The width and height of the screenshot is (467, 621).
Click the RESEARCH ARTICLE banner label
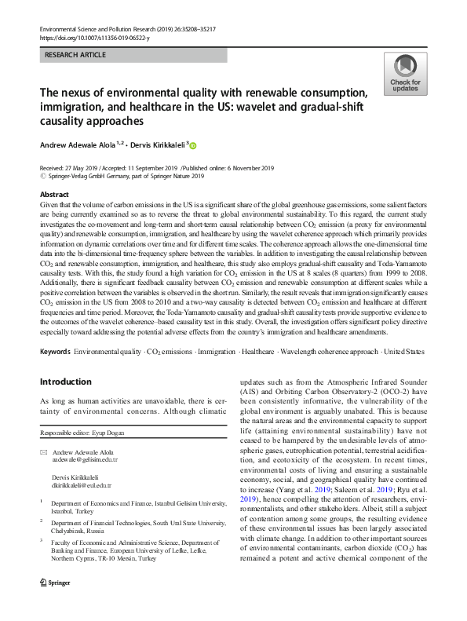coord(78,56)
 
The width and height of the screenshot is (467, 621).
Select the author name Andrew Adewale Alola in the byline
coord(88,145)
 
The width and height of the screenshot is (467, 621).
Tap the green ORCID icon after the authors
coord(215,145)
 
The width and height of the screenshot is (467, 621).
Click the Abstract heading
coord(53,193)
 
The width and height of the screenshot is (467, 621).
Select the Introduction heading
coord(65,382)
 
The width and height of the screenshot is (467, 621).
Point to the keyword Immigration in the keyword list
coord(217,353)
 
